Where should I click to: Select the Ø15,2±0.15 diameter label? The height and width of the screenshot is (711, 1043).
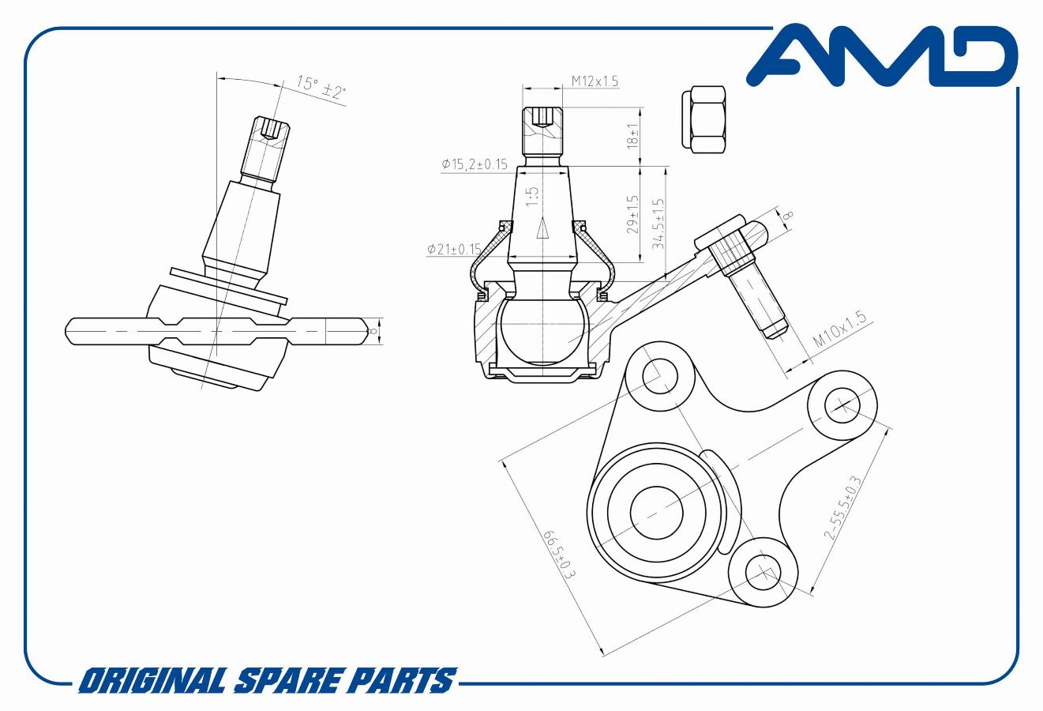[x=475, y=164]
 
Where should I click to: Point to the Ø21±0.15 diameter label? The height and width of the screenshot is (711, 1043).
[x=453, y=249]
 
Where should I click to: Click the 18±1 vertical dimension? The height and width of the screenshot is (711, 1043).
[x=632, y=136]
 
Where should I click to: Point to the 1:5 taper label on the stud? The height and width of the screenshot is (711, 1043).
[x=532, y=196]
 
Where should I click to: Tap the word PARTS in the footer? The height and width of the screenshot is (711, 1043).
[x=411, y=680]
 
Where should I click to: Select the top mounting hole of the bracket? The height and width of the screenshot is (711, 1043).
[x=658, y=375]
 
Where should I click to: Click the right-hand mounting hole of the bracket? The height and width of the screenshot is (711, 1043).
[x=842, y=405]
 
